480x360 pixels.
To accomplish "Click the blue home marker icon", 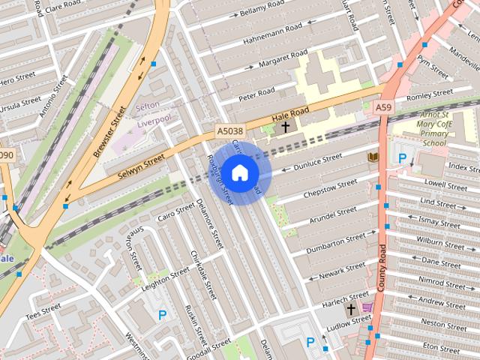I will pos(239,173).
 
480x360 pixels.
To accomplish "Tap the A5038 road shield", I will pos(229,131).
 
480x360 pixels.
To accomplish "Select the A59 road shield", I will pos(383,108).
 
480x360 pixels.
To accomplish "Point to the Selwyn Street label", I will pos(141,166).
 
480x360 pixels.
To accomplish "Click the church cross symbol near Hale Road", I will pos(285,127).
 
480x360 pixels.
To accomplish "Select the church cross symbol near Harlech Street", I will pos(350,309).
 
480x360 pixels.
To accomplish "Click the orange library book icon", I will pos(373,156).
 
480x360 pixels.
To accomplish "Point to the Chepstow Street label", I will pos(329,190).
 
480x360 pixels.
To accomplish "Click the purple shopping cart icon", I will pos(367,307).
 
